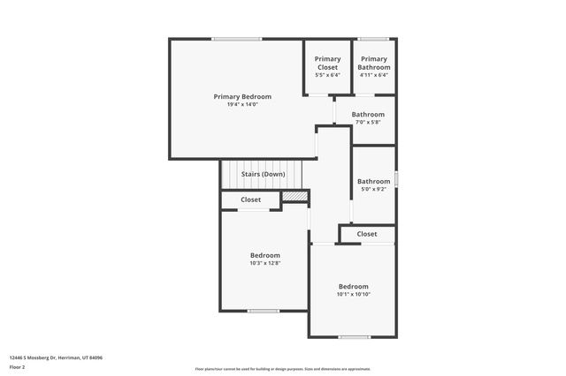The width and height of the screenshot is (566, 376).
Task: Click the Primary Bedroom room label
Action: tap(242, 96)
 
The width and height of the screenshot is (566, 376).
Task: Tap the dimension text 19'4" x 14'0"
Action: tap(242, 104)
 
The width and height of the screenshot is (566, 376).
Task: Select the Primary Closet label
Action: tap(327, 64)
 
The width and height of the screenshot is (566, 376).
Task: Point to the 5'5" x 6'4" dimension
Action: tap(327, 75)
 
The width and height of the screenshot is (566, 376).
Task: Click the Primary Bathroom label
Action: tap(374, 64)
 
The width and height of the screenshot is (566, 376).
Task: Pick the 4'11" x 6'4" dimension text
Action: tap(374, 75)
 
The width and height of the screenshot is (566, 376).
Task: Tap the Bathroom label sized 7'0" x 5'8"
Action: tap(368, 115)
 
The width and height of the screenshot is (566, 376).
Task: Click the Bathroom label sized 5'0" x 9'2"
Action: tap(373, 181)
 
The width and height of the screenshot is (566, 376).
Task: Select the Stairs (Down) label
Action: tap(264, 174)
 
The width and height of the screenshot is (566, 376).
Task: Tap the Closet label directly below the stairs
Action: tap(251, 200)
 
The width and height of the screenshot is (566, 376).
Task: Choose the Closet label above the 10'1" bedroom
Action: tap(367, 234)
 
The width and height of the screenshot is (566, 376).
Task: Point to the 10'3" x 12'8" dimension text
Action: tap(264, 263)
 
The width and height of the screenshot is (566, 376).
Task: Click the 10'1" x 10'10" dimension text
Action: tap(353, 294)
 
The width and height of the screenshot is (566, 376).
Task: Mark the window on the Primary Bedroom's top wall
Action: tap(236, 38)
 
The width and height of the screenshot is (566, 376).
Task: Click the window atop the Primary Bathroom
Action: tap(374, 38)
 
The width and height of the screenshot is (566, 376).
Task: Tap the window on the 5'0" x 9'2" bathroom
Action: tap(396, 178)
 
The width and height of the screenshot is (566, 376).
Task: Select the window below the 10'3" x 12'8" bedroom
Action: tap(264, 311)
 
